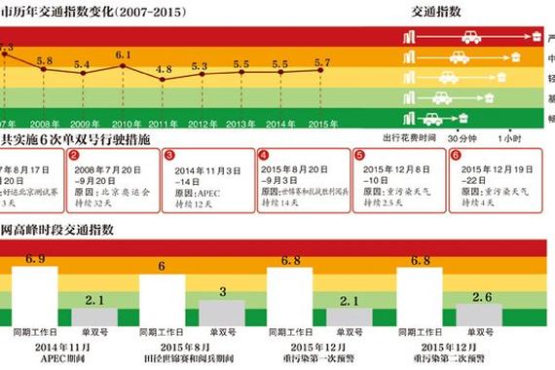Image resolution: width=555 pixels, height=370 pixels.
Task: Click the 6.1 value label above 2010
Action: (x=123, y=55)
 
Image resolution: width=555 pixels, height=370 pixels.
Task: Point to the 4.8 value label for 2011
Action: (x=164, y=69)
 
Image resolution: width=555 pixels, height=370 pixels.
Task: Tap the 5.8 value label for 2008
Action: (x=44, y=60)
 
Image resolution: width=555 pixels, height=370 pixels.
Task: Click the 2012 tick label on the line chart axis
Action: (x=202, y=125)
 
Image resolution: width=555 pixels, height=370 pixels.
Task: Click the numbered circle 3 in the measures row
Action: (x=169, y=155)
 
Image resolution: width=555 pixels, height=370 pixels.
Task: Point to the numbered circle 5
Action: (x=359, y=155)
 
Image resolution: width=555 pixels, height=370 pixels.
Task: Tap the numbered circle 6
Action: (x=455, y=155)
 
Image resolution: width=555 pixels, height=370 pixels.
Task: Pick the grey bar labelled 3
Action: (x=223, y=313)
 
